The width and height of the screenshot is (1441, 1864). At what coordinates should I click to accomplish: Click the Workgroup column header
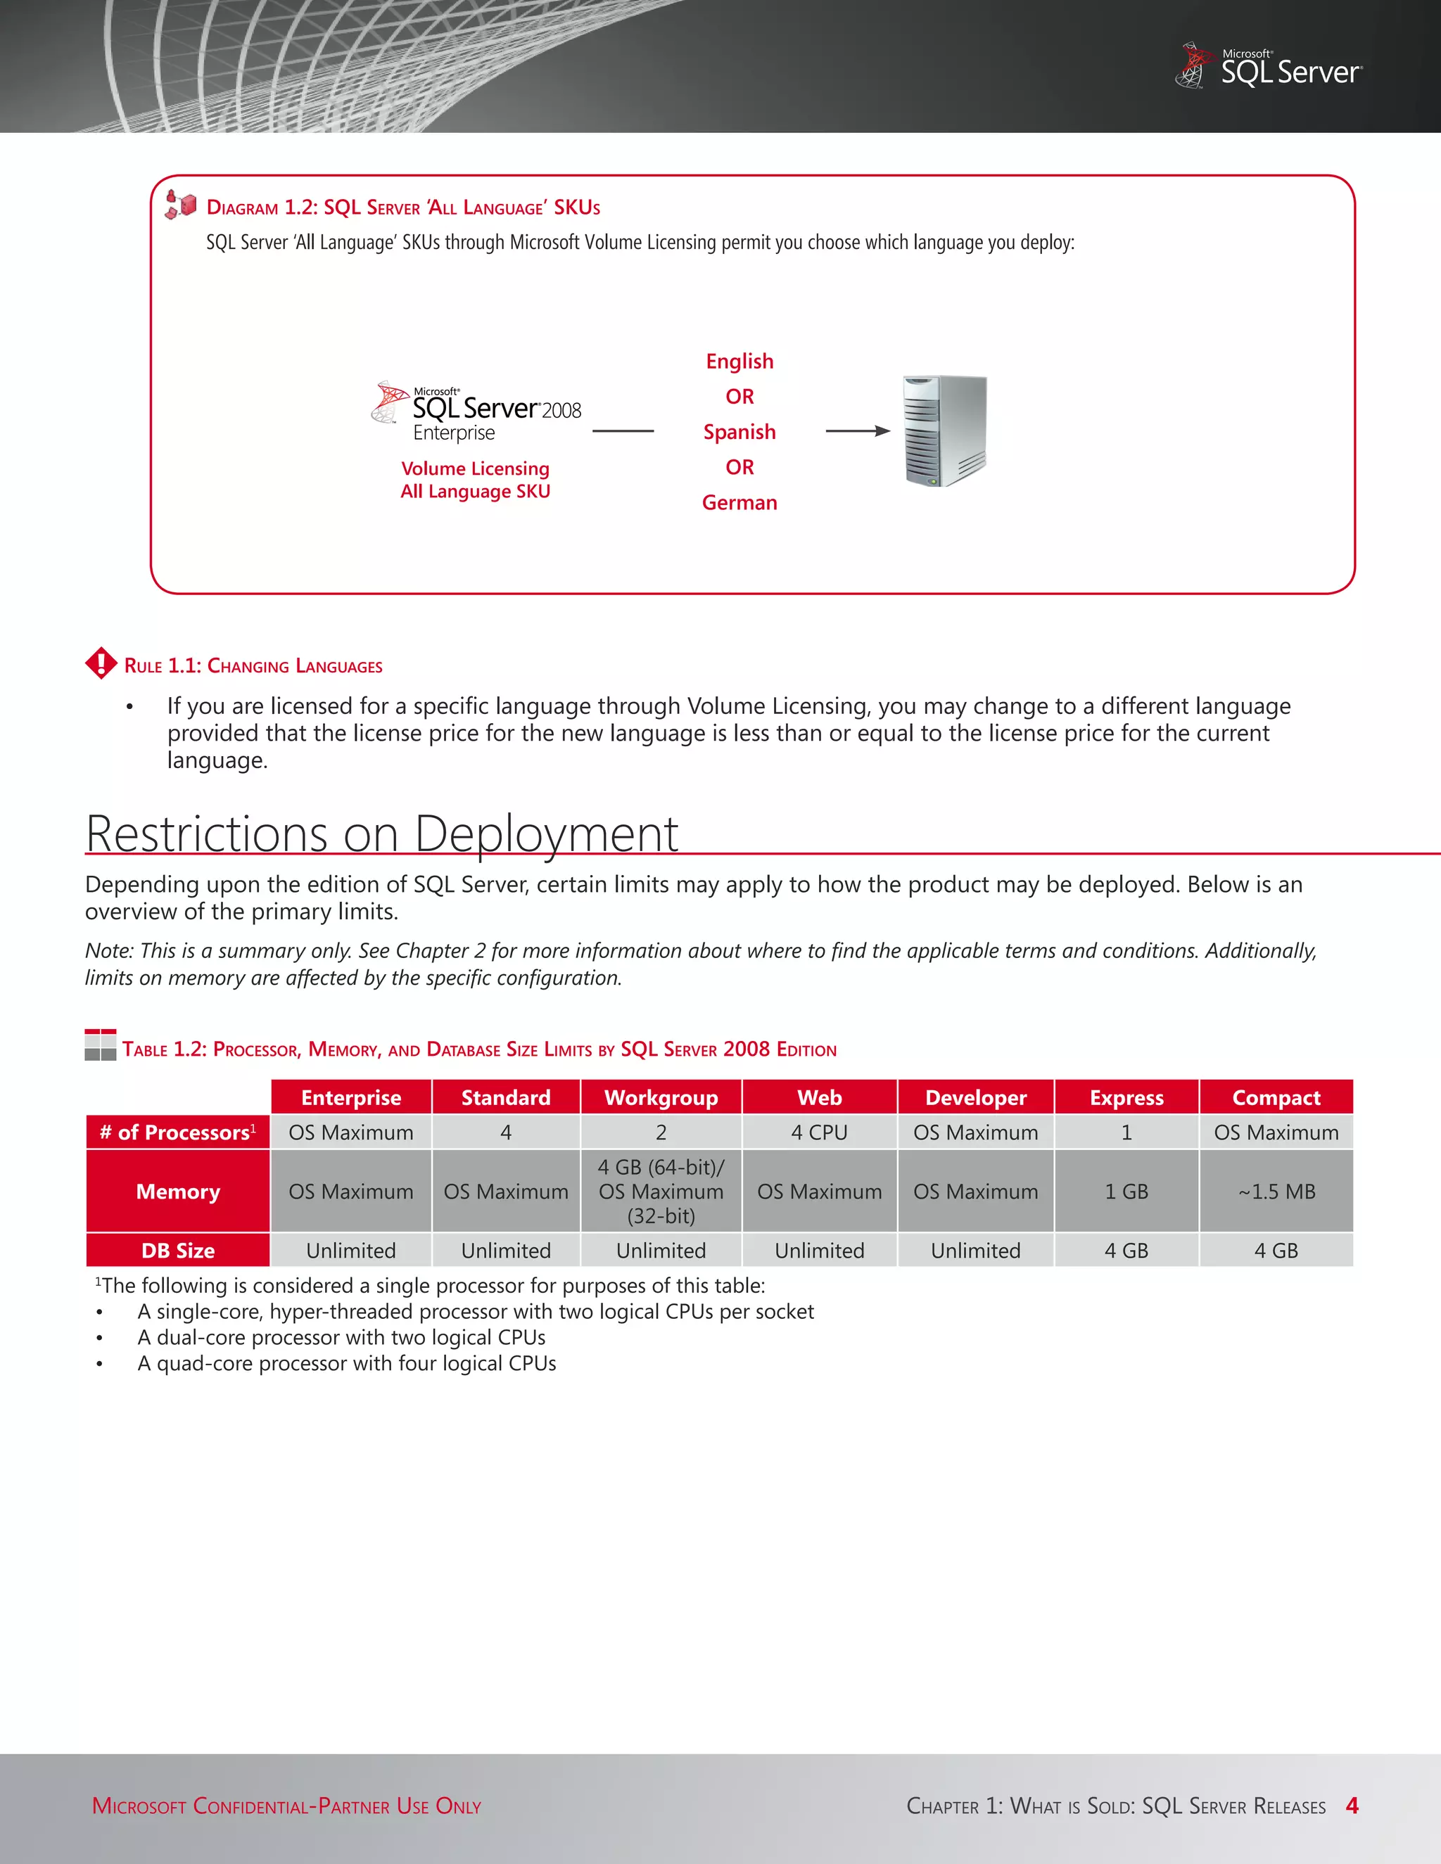point(661,1097)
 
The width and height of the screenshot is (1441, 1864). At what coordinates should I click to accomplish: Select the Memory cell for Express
point(1126,1192)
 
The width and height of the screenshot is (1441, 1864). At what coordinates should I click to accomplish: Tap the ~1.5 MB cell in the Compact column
point(1276,1192)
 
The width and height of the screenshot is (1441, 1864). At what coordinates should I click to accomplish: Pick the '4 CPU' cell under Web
point(819,1132)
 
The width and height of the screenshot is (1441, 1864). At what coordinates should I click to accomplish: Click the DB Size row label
point(177,1251)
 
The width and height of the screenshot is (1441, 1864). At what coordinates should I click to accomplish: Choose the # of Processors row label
point(177,1132)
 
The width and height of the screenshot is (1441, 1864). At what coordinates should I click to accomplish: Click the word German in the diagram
point(739,503)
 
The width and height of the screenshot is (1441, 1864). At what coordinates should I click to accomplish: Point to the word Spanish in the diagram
point(739,432)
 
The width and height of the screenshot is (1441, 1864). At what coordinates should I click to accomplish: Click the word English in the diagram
point(739,361)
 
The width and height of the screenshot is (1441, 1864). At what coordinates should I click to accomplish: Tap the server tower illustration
point(945,431)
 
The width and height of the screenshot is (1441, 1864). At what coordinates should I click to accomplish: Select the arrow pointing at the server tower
point(858,431)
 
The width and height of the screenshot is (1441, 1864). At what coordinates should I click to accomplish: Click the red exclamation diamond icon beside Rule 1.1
point(101,663)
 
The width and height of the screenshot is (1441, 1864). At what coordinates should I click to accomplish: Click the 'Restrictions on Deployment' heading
point(381,833)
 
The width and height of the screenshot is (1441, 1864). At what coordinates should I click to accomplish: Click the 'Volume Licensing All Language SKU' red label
point(476,480)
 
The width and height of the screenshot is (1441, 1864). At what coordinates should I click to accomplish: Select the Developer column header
point(976,1097)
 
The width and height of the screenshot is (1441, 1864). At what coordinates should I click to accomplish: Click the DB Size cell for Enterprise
point(351,1251)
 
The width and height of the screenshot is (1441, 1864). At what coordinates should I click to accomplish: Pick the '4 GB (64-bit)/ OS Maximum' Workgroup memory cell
point(661,1192)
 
